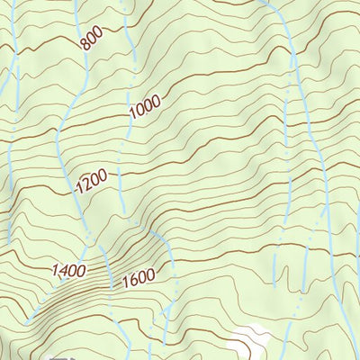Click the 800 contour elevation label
(x=91, y=40)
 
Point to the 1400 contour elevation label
(x=68, y=269)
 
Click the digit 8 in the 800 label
(x=84, y=45)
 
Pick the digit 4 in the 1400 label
(x=63, y=270)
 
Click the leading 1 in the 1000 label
(x=131, y=115)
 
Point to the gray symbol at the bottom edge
(x=60, y=356)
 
